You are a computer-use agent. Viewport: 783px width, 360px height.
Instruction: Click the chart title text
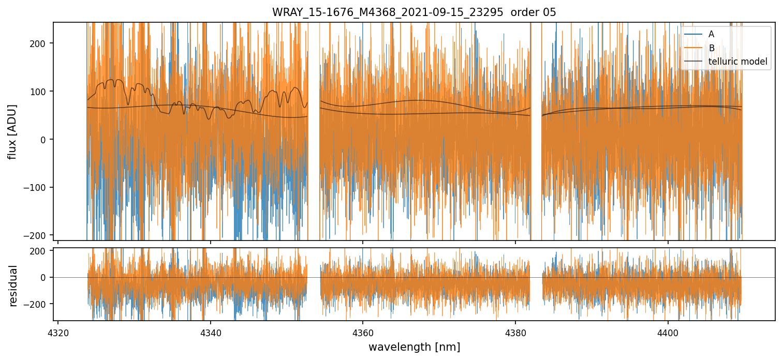tap(414, 12)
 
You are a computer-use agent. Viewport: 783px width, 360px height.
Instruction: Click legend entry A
tap(711, 34)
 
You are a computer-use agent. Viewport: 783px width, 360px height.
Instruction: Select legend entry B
tap(712, 48)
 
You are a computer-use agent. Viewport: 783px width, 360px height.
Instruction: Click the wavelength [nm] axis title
tap(414, 347)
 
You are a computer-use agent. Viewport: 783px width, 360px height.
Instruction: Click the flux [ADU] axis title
tap(12, 131)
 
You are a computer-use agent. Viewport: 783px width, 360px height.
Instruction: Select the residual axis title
tap(13, 286)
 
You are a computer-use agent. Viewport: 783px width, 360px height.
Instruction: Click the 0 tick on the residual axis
tap(45, 277)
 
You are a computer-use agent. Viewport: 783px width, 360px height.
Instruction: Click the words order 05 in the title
tap(533, 12)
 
